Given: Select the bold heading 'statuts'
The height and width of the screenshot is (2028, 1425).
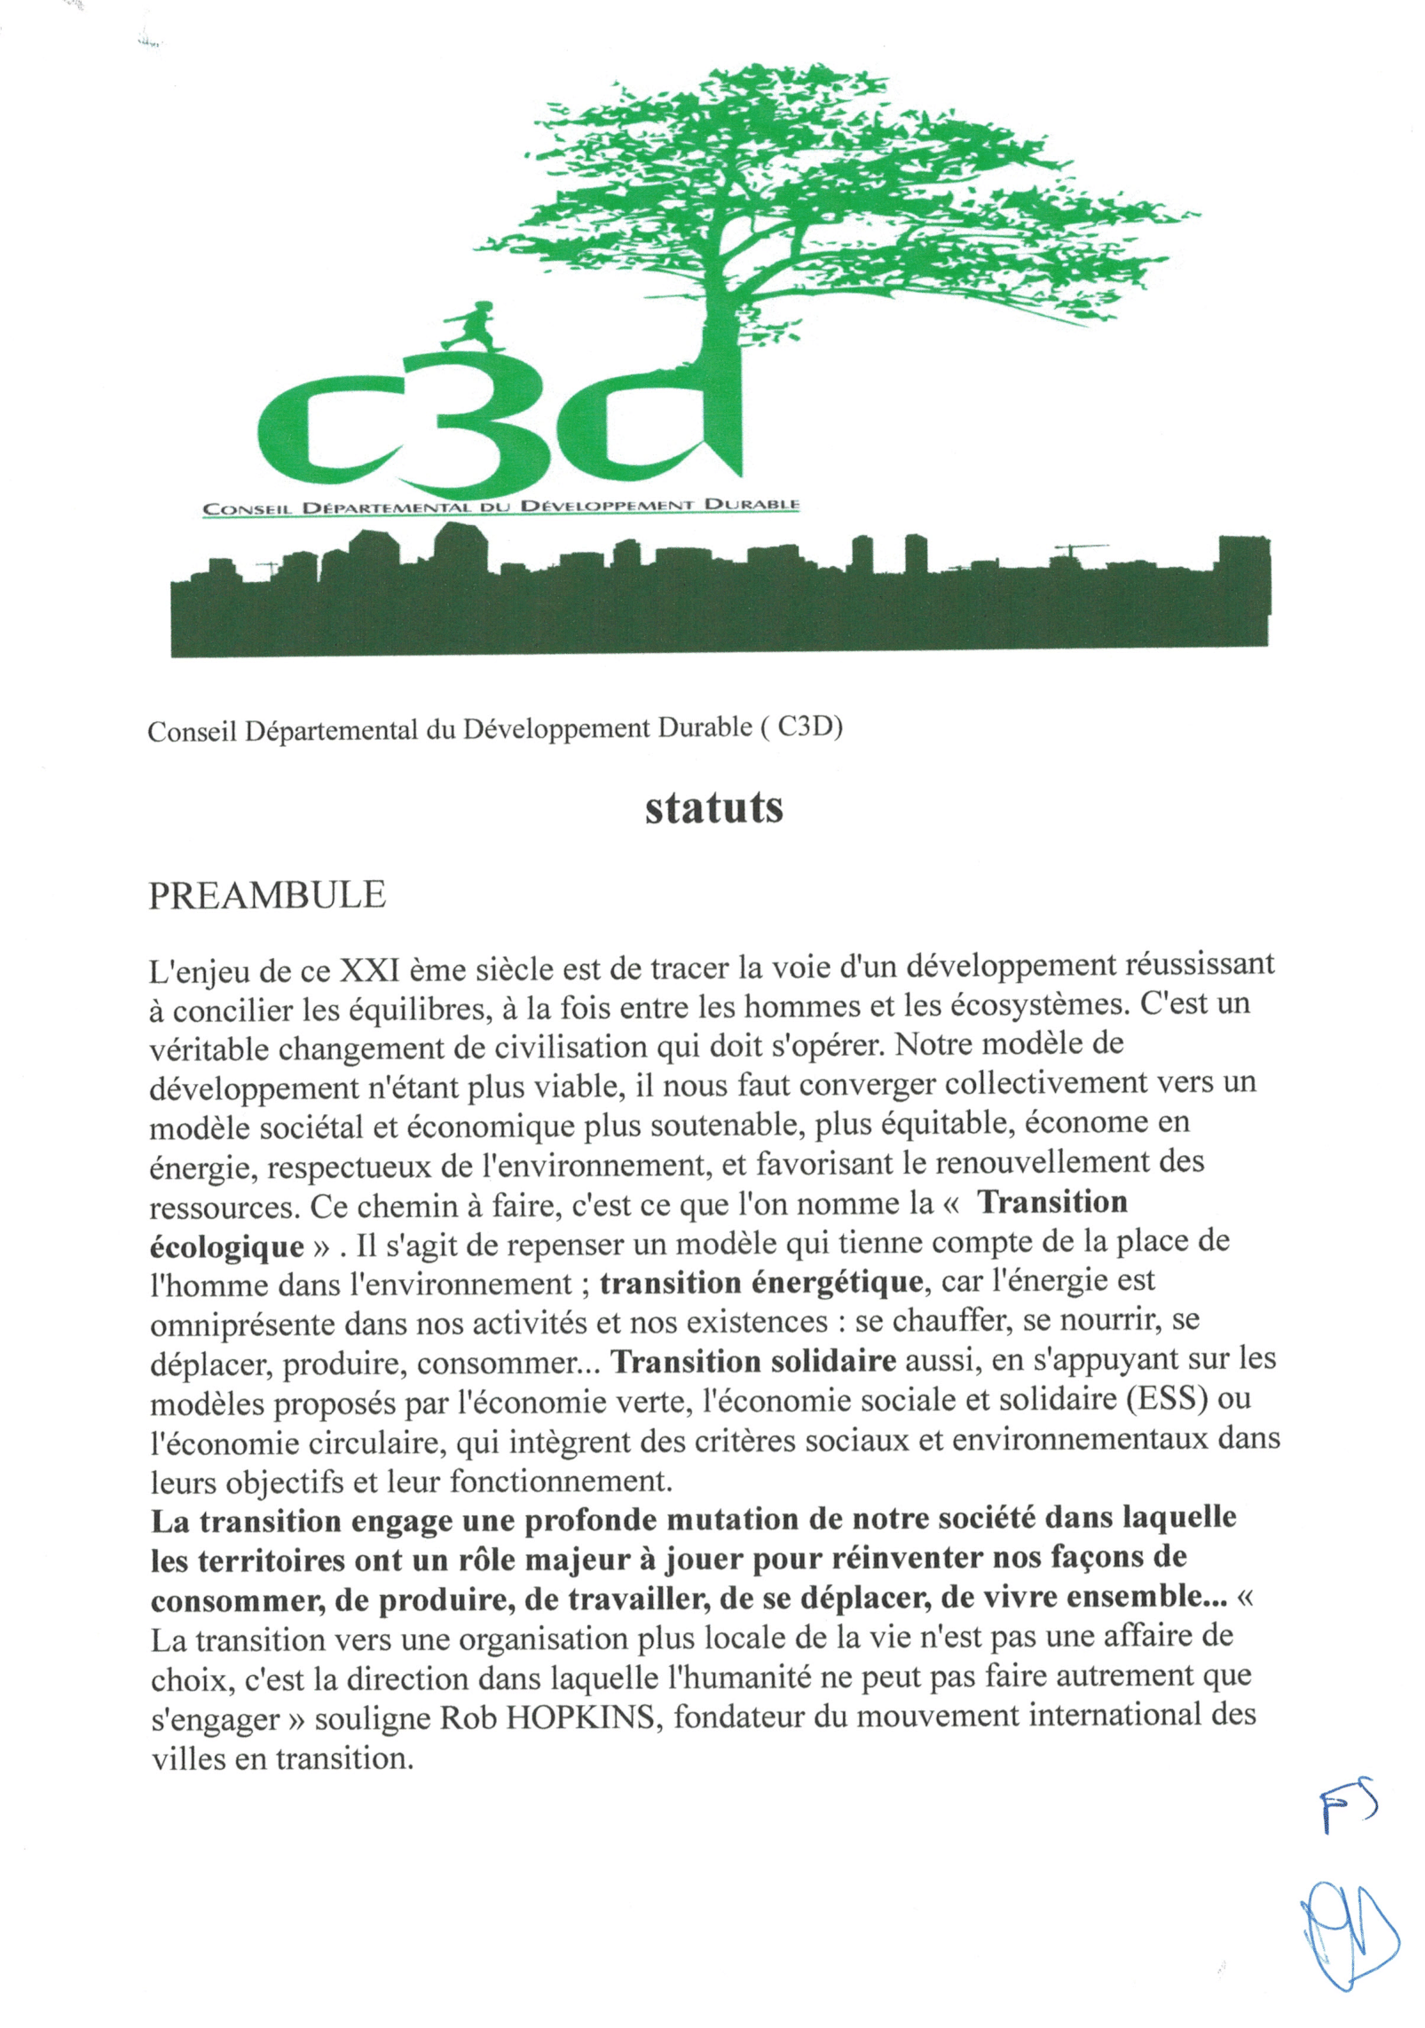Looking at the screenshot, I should [713, 807].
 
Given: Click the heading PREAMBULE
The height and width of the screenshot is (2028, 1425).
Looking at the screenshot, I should [267, 895].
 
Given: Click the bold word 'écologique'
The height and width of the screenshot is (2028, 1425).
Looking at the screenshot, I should [226, 1246].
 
